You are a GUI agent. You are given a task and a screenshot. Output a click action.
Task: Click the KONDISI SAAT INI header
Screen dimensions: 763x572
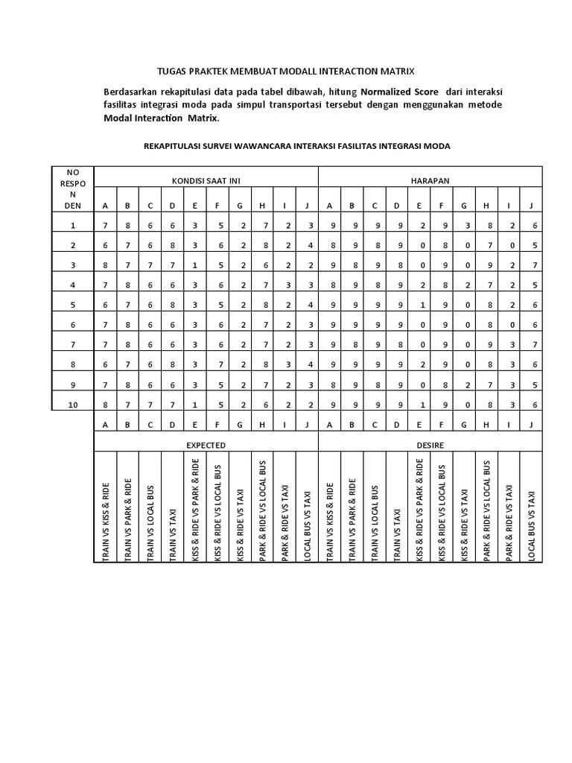[x=206, y=181]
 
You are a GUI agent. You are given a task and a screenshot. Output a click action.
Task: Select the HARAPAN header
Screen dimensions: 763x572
[x=430, y=181]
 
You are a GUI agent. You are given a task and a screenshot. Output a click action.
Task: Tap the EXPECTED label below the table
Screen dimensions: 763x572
[x=206, y=444]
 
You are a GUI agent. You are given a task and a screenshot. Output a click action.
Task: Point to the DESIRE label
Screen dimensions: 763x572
[x=430, y=444]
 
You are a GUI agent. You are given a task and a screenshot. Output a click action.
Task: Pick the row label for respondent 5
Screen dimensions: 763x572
[x=72, y=305]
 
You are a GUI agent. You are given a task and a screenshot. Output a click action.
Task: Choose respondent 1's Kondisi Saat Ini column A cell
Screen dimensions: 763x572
[x=105, y=225]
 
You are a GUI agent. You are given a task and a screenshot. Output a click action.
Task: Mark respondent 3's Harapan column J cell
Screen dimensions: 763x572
[x=531, y=265]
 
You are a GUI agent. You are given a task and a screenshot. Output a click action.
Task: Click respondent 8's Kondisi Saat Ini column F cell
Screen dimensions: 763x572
[x=218, y=364]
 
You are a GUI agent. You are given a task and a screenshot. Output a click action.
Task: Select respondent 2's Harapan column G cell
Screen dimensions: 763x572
[x=464, y=245]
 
